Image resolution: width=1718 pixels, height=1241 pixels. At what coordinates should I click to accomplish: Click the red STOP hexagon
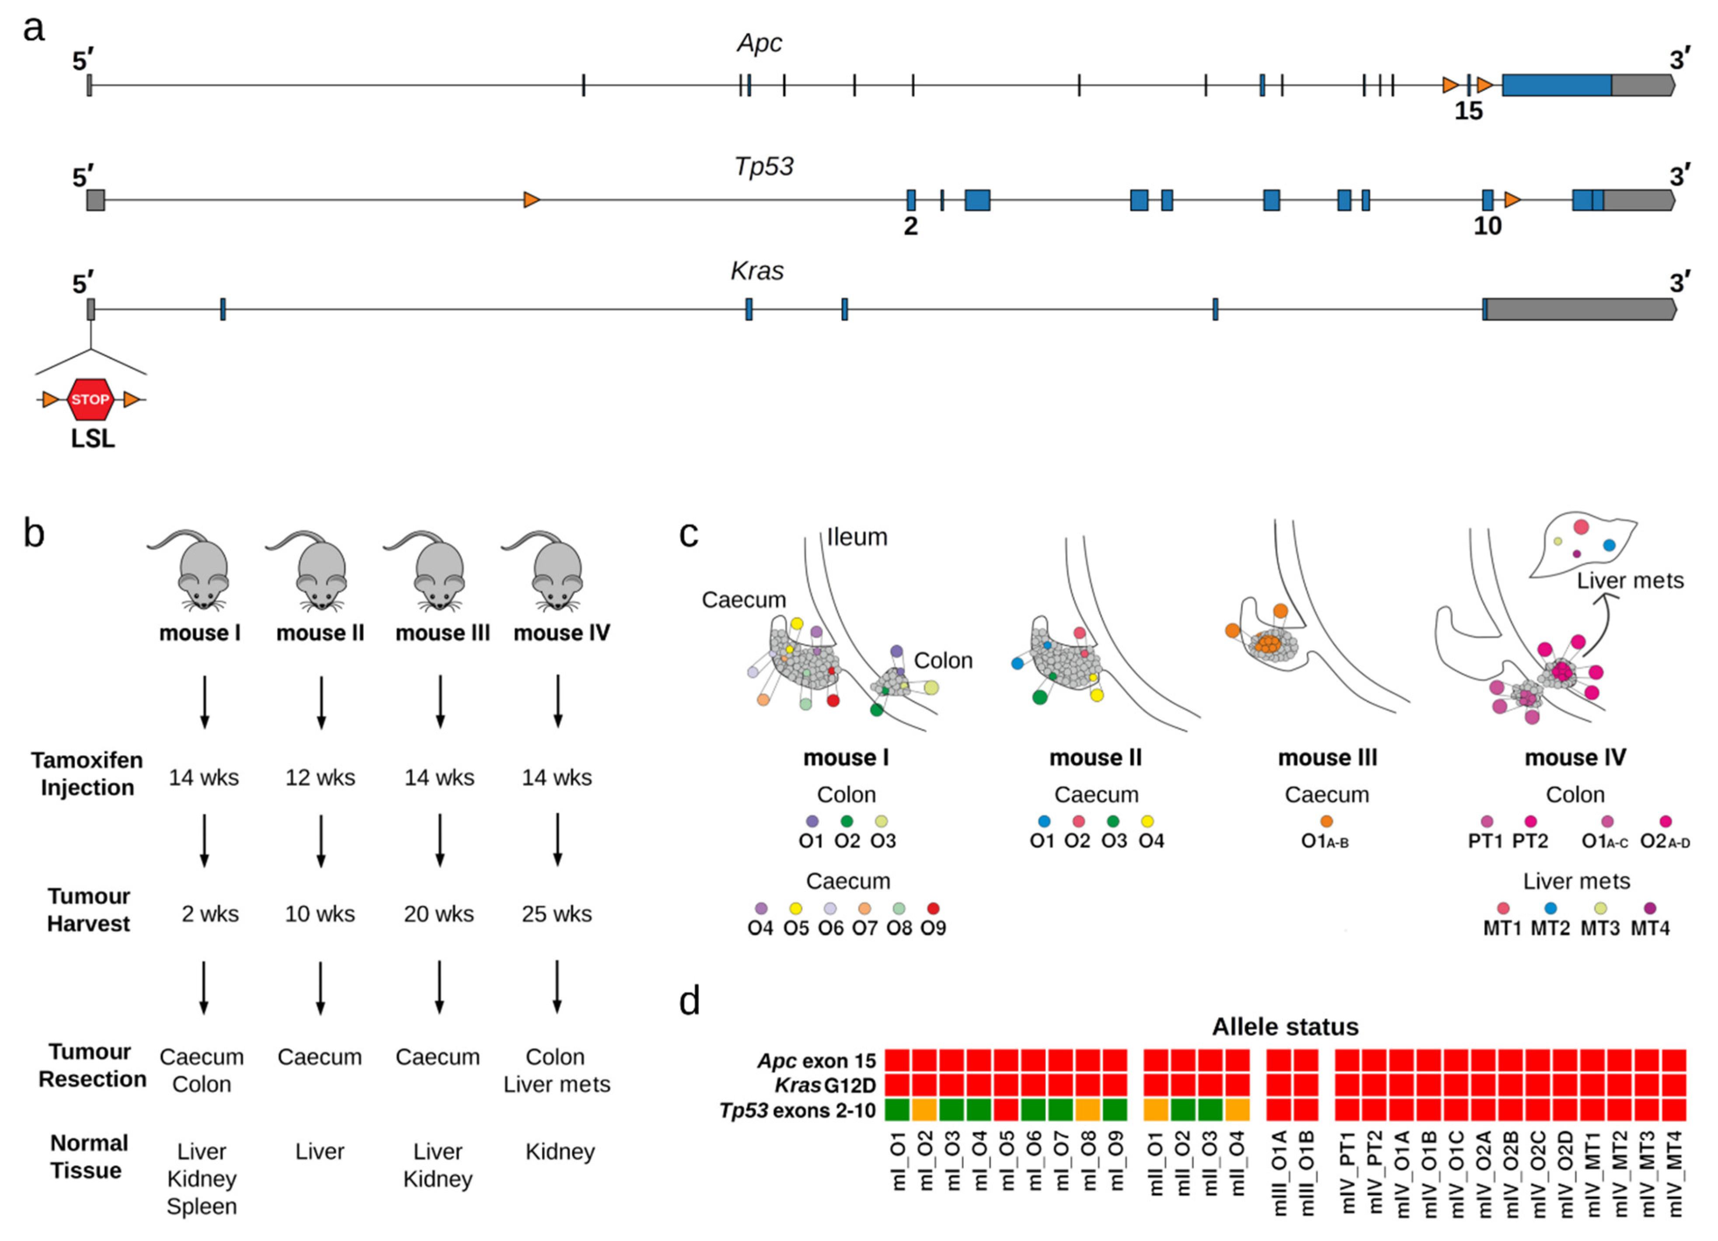(x=90, y=399)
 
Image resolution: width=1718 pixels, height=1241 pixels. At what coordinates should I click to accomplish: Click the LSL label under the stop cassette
(x=92, y=439)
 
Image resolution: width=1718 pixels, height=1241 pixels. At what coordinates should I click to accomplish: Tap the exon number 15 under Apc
(x=1468, y=112)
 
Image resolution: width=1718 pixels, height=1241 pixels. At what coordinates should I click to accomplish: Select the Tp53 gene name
(x=763, y=166)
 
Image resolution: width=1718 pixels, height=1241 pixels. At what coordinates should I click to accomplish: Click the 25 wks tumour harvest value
(x=557, y=914)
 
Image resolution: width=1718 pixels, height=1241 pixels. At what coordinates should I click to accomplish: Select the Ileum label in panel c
(x=857, y=537)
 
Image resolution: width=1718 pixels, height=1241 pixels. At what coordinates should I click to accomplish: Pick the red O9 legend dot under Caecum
(x=933, y=908)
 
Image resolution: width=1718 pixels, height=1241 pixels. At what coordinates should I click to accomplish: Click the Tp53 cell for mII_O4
(x=1237, y=1110)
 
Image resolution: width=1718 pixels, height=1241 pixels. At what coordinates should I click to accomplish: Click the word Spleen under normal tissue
(x=202, y=1206)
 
